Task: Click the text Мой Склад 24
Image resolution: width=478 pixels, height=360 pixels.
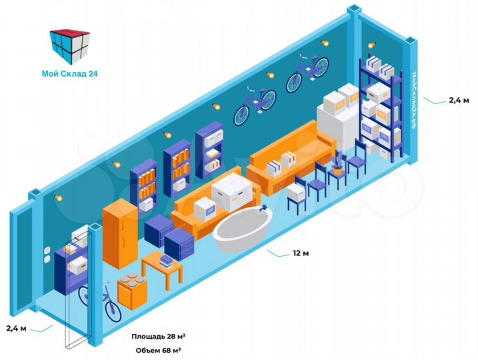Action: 69,74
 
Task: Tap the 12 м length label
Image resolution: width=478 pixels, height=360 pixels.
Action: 301,254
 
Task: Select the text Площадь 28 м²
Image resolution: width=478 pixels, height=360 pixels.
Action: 158,336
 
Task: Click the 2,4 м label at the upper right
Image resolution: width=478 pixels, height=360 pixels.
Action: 458,100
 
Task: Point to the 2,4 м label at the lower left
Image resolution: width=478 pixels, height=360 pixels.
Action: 16,328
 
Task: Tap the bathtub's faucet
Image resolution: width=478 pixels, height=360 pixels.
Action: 264,210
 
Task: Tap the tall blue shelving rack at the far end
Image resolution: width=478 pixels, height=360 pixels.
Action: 381,107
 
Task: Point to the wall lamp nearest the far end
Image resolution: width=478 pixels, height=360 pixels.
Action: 325,43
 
